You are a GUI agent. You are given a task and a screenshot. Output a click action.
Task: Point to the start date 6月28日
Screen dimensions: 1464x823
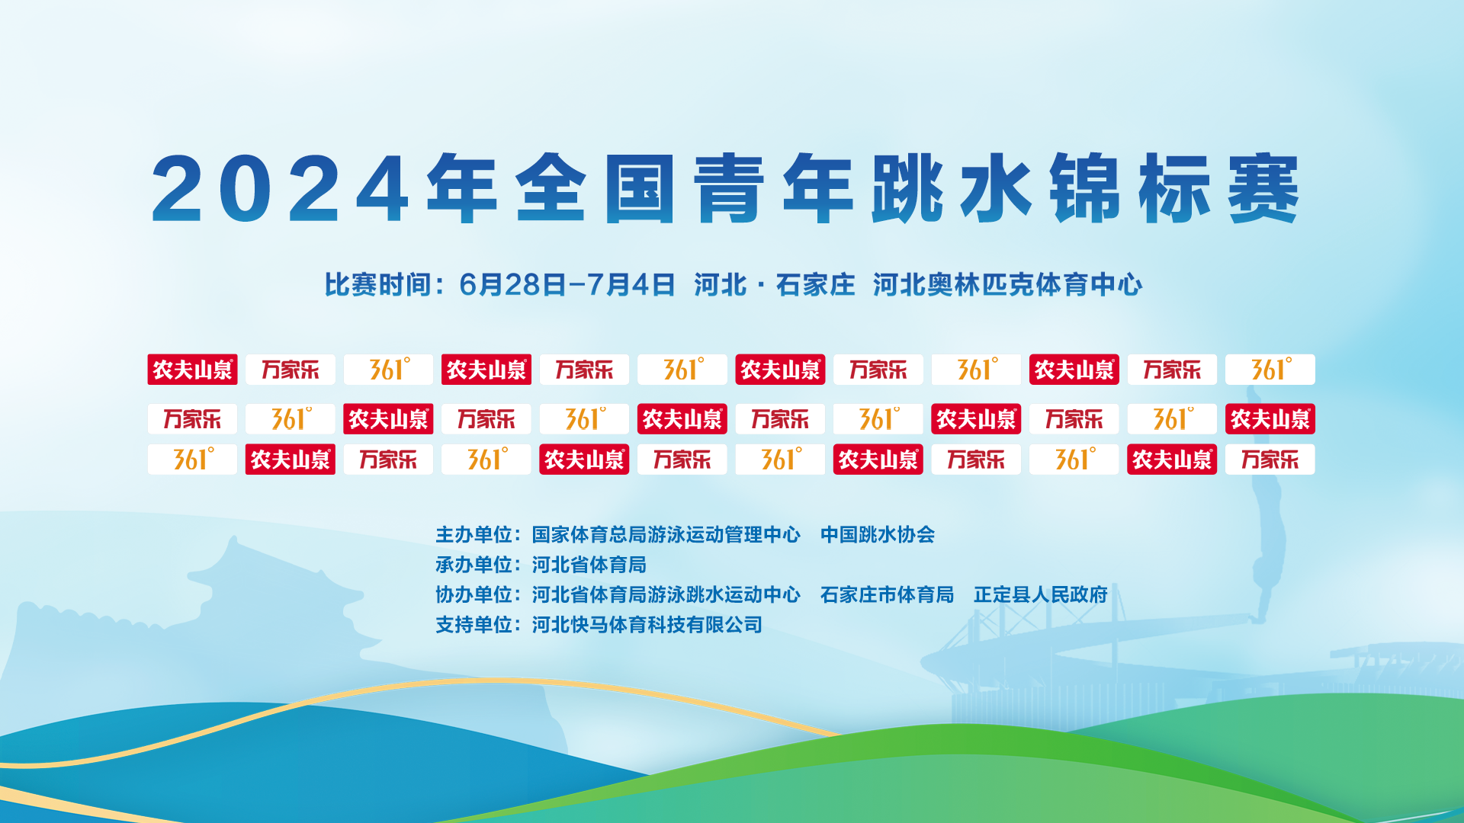(512, 285)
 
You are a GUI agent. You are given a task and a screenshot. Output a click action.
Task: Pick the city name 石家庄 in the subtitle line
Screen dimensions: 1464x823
(815, 285)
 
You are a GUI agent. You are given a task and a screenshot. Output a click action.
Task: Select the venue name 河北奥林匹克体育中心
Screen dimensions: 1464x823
(1007, 285)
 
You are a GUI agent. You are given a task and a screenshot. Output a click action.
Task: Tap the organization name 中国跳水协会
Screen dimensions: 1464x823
(878, 535)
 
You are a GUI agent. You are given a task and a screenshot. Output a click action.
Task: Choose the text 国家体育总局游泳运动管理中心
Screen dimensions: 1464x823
(666, 535)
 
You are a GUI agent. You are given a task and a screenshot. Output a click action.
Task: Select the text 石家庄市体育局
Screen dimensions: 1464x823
(887, 594)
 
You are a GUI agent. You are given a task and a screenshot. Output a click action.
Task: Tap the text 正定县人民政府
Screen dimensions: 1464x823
(1040, 594)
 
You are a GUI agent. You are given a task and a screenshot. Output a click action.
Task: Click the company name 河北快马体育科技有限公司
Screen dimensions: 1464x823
(647, 625)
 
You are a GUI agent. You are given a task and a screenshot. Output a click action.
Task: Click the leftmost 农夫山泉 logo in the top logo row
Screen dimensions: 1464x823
(192, 370)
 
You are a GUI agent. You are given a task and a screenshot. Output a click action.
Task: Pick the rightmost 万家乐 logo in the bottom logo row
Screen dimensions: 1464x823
(1270, 460)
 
